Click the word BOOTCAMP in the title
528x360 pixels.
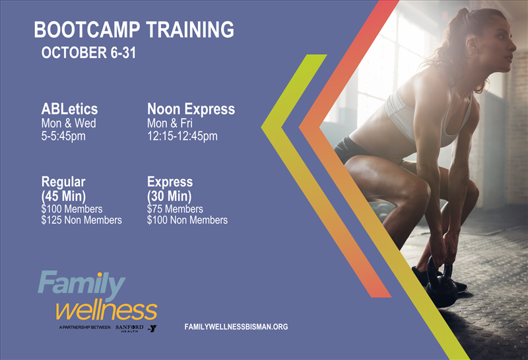coord(86,30)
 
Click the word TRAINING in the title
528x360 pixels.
coord(190,30)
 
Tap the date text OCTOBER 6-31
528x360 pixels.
coord(88,53)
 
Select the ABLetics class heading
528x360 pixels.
coord(69,109)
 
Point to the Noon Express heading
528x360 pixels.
coord(191,109)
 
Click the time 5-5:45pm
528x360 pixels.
coord(63,136)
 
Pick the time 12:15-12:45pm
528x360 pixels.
coord(182,136)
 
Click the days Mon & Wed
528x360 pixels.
coord(69,123)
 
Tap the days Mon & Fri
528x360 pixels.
coord(170,123)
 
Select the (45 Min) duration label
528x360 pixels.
coord(63,196)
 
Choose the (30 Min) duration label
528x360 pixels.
coord(170,196)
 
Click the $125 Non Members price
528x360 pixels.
coord(81,220)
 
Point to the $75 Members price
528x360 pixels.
coord(175,209)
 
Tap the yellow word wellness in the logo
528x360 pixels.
coord(106,310)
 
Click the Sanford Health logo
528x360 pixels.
coord(129,328)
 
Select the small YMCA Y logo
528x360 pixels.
coord(152,328)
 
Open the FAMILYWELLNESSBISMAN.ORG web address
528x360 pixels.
coord(236,326)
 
